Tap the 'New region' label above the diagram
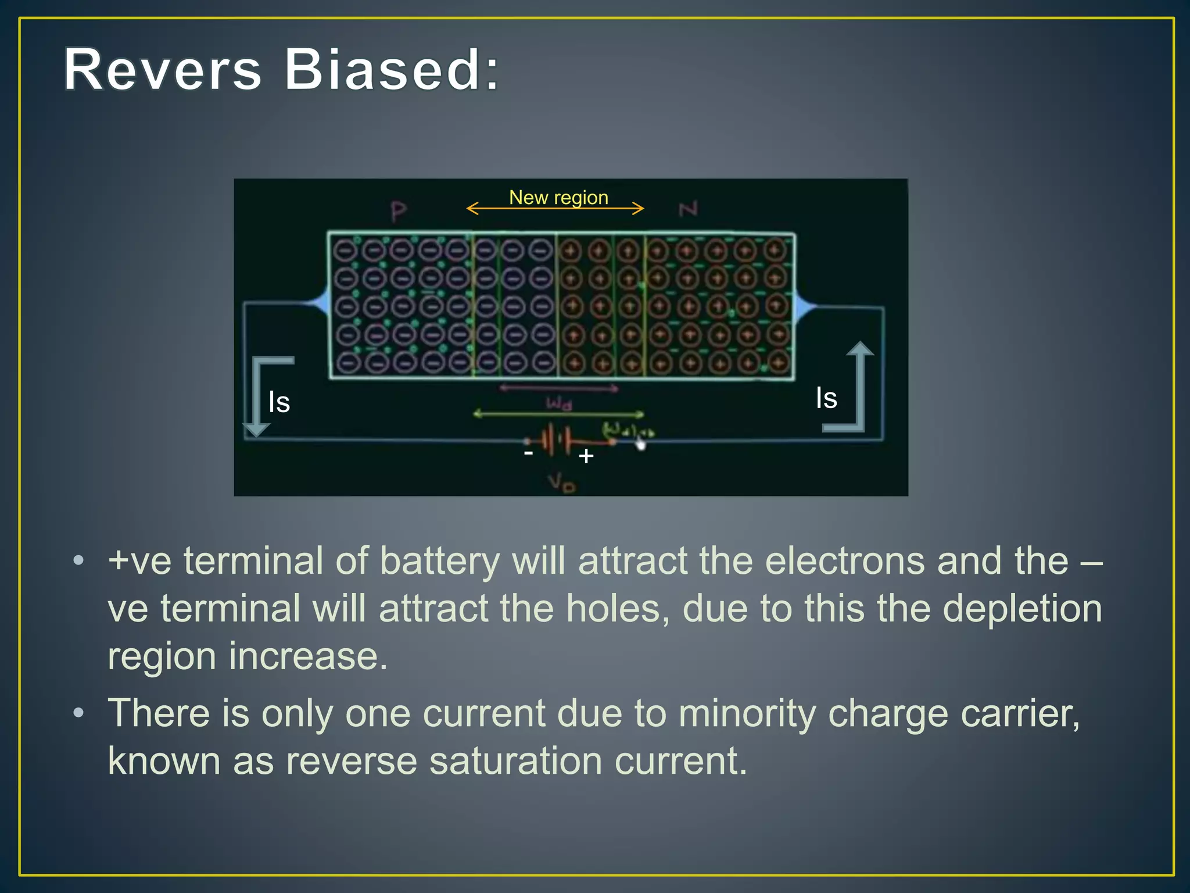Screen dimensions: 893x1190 pos(558,198)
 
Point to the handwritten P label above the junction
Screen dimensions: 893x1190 pos(399,212)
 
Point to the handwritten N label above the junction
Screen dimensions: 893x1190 pos(688,209)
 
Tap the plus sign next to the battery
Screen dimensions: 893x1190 pos(586,456)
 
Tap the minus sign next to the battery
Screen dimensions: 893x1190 pos(528,452)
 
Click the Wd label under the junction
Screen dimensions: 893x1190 pos(558,403)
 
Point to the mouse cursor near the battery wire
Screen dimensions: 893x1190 pos(640,444)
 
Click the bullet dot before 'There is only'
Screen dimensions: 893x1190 pos(79,713)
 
